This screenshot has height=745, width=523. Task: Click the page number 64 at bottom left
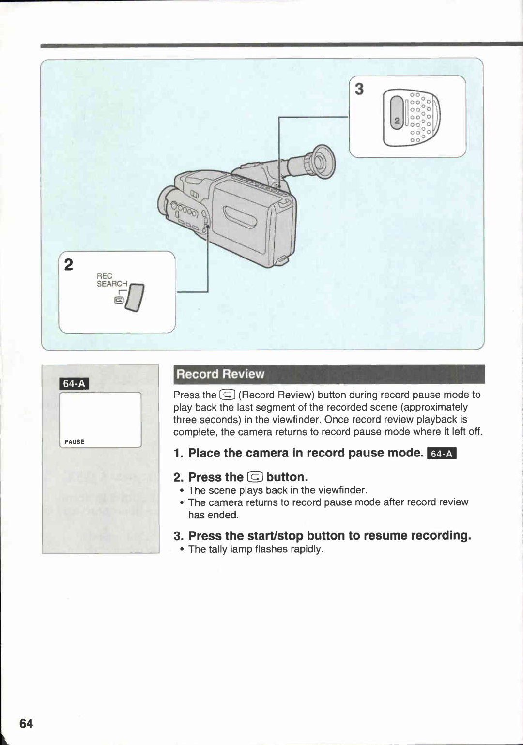pyautogui.click(x=26, y=723)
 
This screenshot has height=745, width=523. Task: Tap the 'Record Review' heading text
pyautogui.click(x=220, y=374)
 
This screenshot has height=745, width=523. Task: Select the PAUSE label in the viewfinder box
pyautogui.click(x=74, y=442)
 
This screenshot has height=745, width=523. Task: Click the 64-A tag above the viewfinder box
pyautogui.click(x=74, y=383)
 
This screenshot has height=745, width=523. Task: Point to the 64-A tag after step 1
pyautogui.click(x=442, y=454)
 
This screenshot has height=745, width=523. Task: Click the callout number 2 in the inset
pyautogui.click(x=69, y=265)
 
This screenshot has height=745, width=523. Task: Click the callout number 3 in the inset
pyautogui.click(x=359, y=89)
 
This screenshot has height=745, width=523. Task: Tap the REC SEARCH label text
pyautogui.click(x=111, y=280)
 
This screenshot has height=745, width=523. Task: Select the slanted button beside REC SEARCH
pyautogui.click(x=137, y=298)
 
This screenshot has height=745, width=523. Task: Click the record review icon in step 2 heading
pyautogui.click(x=255, y=477)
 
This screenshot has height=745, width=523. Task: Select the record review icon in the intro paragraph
pyautogui.click(x=227, y=395)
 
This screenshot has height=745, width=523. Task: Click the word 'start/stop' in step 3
pyautogui.click(x=275, y=536)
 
